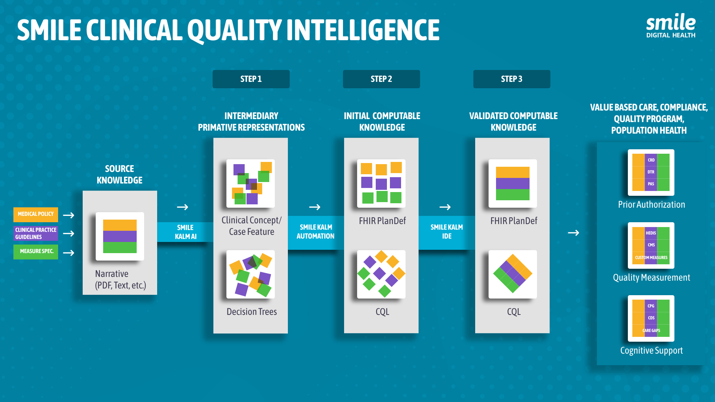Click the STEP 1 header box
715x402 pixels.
251,79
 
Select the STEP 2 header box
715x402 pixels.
381,79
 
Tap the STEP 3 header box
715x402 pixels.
512,79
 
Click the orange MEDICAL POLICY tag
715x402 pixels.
36,214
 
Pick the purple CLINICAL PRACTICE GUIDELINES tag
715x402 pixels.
36,233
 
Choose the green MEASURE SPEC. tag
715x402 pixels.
36,252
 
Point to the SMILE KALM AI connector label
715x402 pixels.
185,232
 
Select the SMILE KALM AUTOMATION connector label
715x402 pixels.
315,232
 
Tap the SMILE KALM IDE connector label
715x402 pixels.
447,232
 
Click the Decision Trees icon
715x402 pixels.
251,274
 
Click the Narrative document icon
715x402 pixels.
120,236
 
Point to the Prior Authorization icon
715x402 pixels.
651,172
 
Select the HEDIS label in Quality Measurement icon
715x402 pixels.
651,233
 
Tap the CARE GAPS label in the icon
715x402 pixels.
651,331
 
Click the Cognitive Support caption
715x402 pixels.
651,351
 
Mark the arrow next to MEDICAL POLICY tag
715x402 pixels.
69,215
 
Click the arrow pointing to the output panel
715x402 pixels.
573,233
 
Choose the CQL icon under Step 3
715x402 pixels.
513,274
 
